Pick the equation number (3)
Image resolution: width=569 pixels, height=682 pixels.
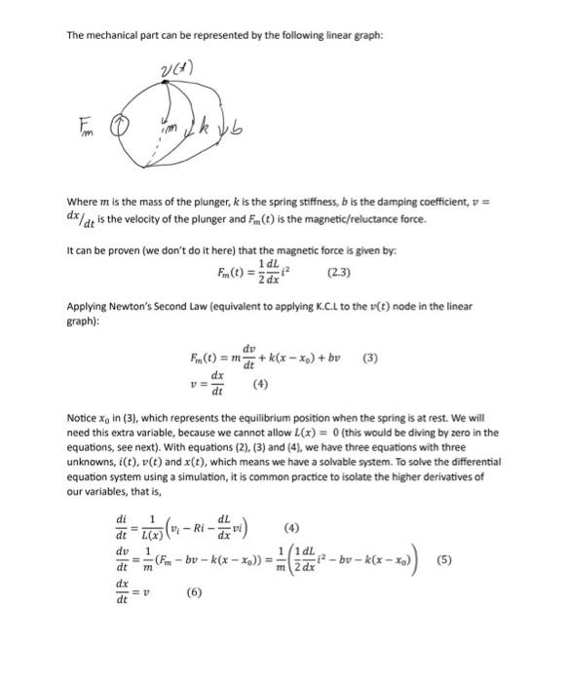tap(367, 358)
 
